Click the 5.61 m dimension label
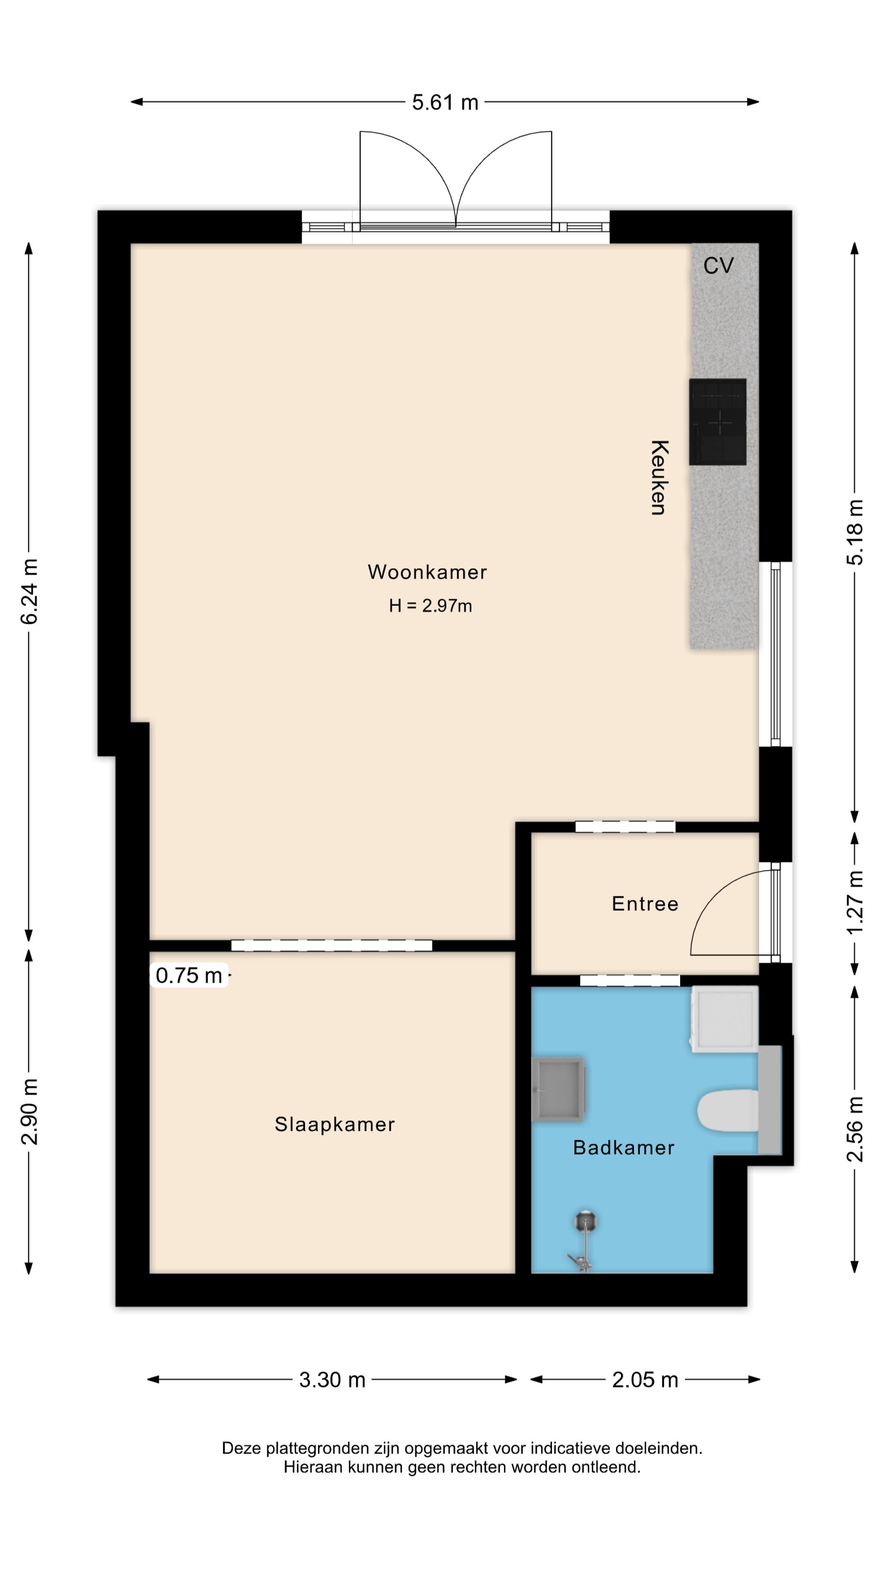445,102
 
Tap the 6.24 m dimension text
30,591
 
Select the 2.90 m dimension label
30,1111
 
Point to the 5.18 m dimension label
855,532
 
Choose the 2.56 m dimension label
855,1129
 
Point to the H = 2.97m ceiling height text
430,606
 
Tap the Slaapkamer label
334,1124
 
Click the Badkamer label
623,1148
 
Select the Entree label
645,904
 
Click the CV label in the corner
719,266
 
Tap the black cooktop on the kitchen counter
717,422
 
